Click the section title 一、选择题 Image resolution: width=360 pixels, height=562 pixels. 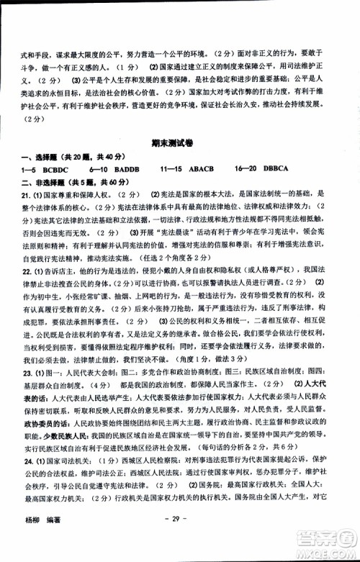(x=47, y=156)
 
